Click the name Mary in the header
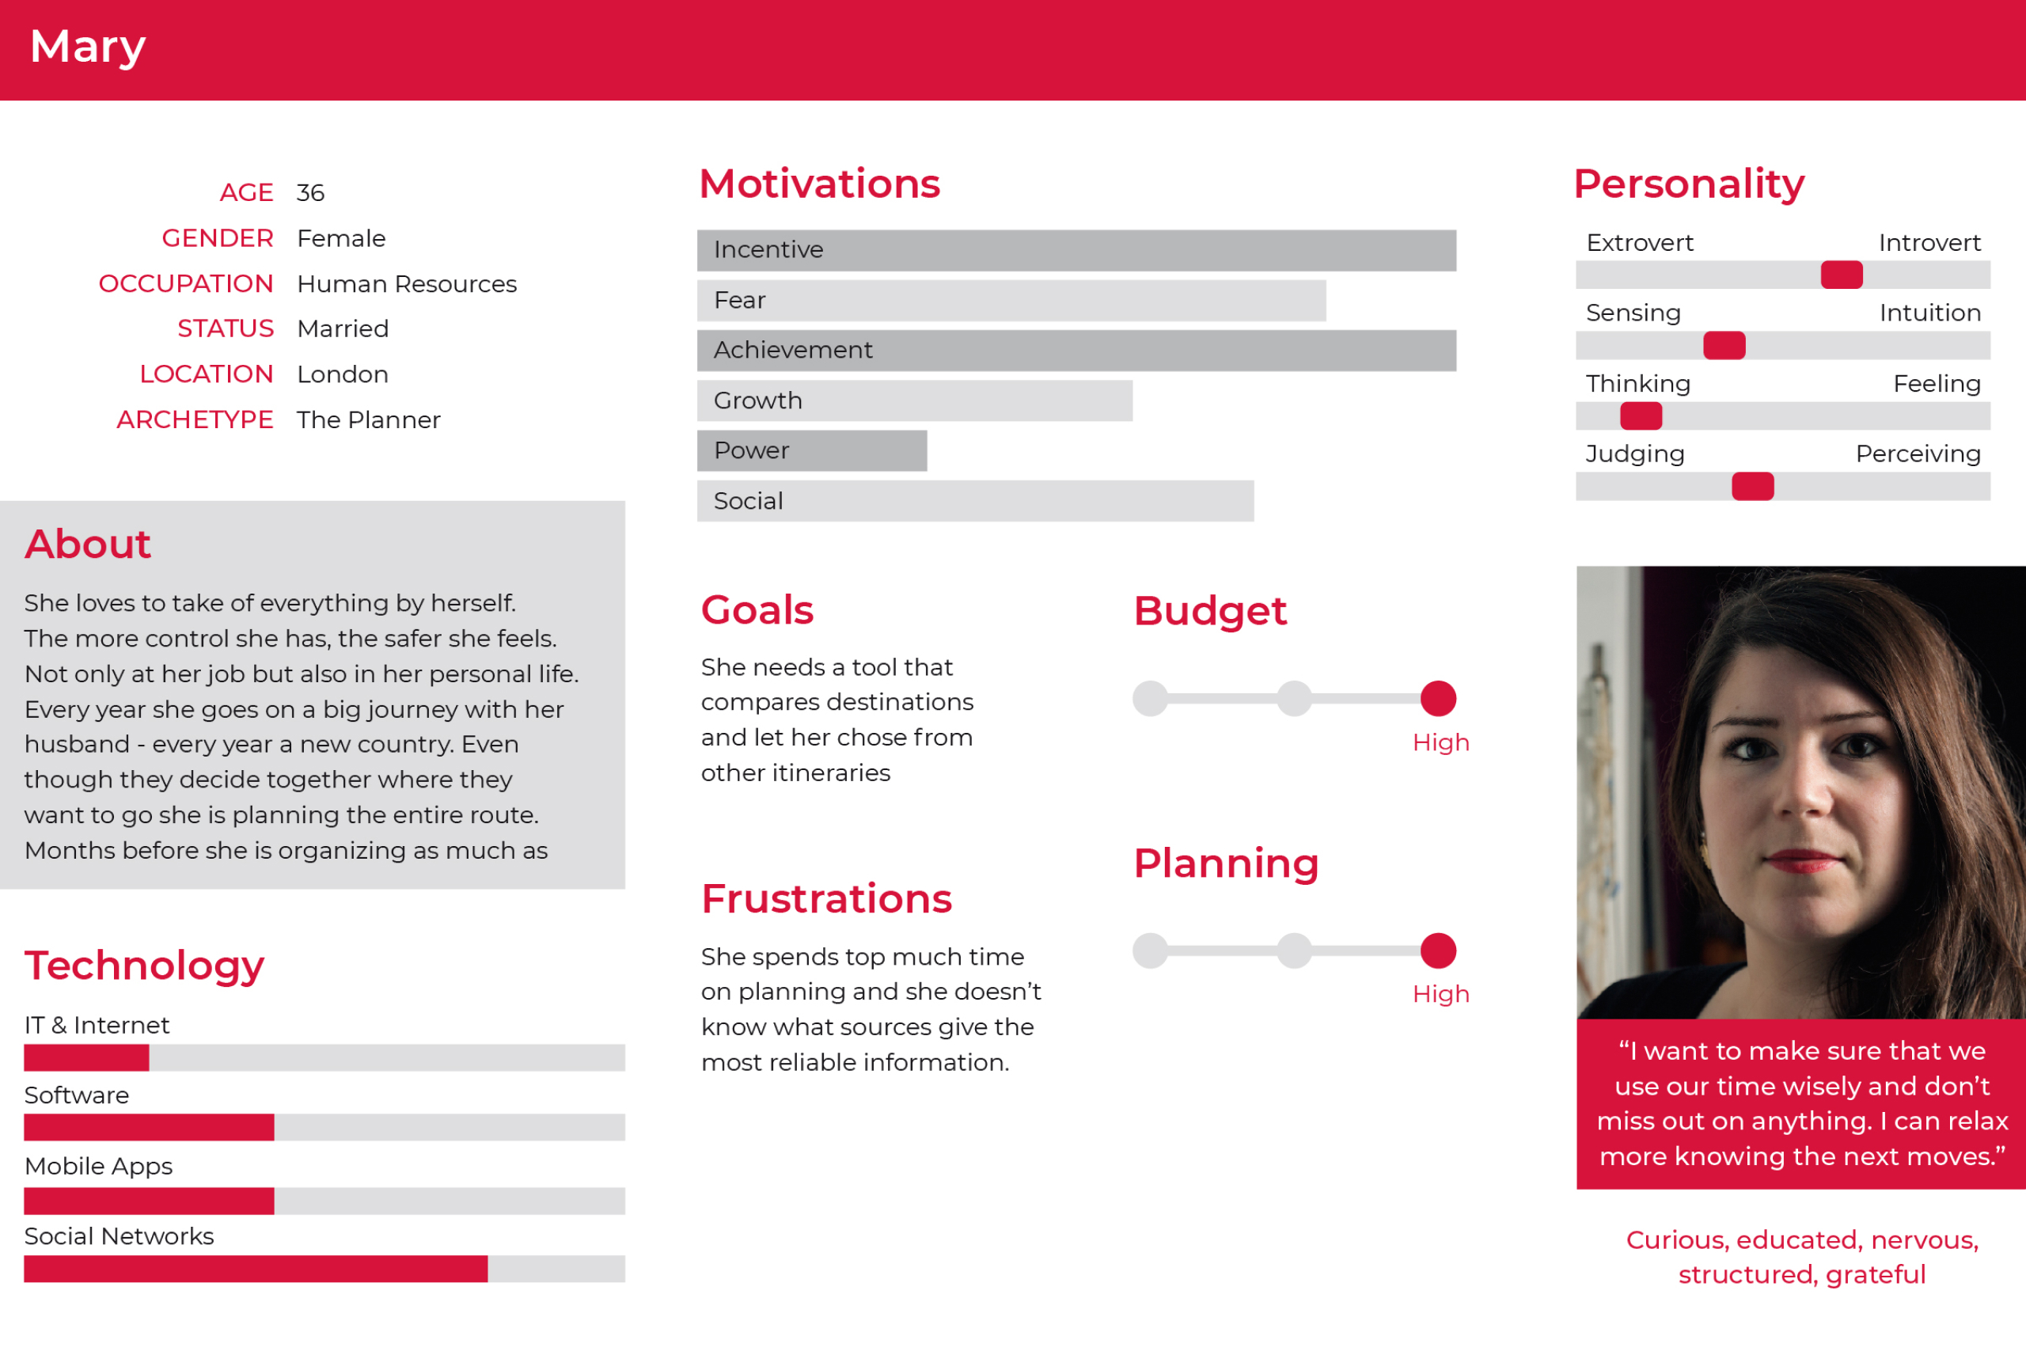(x=87, y=47)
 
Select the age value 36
(x=310, y=193)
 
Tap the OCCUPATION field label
(x=185, y=283)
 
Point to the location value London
(x=342, y=374)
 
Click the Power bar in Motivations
(x=811, y=450)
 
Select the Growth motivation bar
(x=914, y=400)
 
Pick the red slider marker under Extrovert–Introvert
(x=1841, y=275)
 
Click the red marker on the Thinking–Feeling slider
(x=1640, y=416)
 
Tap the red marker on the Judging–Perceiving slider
(x=1752, y=487)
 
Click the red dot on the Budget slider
(x=1438, y=698)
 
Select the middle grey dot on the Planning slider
(x=1294, y=951)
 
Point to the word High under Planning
(x=1440, y=994)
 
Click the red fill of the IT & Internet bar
(x=86, y=1057)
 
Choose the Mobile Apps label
(x=98, y=1166)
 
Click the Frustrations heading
(x=826, y=898)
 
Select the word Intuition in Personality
(x=1929, y=313)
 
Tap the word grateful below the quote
(x=1876, y=1274)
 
